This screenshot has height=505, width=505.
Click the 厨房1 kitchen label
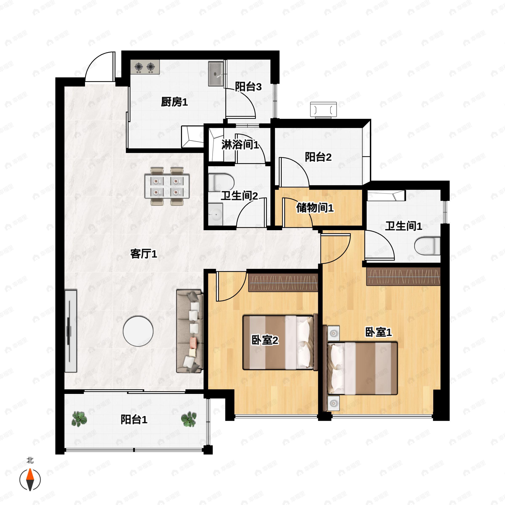[174, 102]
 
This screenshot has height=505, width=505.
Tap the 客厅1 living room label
[144, 254]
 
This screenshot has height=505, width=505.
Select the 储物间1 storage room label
[315, 208]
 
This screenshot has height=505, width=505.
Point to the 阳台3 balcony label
[248, 86]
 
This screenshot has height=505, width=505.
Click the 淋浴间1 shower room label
[240, 145]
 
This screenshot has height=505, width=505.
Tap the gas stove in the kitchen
[145, 67]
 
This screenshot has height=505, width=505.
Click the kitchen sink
[216, 74]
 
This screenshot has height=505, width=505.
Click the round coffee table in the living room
[138, 331]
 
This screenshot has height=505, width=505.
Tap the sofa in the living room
[190, 331]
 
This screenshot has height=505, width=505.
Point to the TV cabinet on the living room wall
[70, 331]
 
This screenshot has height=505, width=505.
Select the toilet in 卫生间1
[428, 246]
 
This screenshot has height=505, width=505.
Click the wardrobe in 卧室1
[403, 276]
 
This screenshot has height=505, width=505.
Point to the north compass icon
[30, 480]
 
